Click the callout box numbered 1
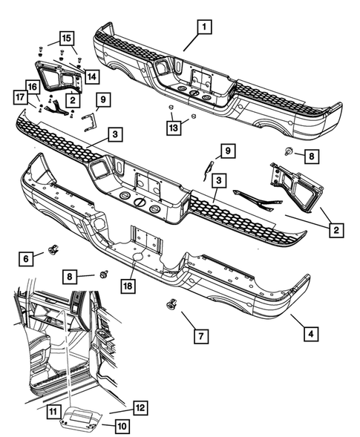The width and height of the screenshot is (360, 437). [201, 28]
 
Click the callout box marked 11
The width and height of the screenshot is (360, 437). [53, 410]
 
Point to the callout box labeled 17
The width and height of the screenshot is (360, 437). [20, 96]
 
